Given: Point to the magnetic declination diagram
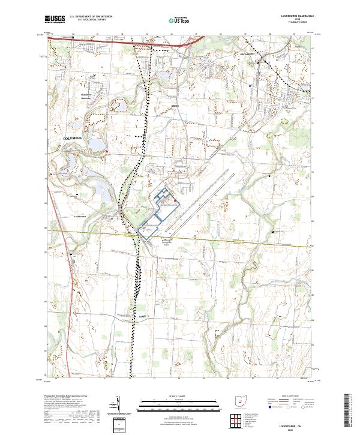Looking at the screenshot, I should (x=118, y=404).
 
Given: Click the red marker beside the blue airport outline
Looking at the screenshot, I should (x=173, y=200).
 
